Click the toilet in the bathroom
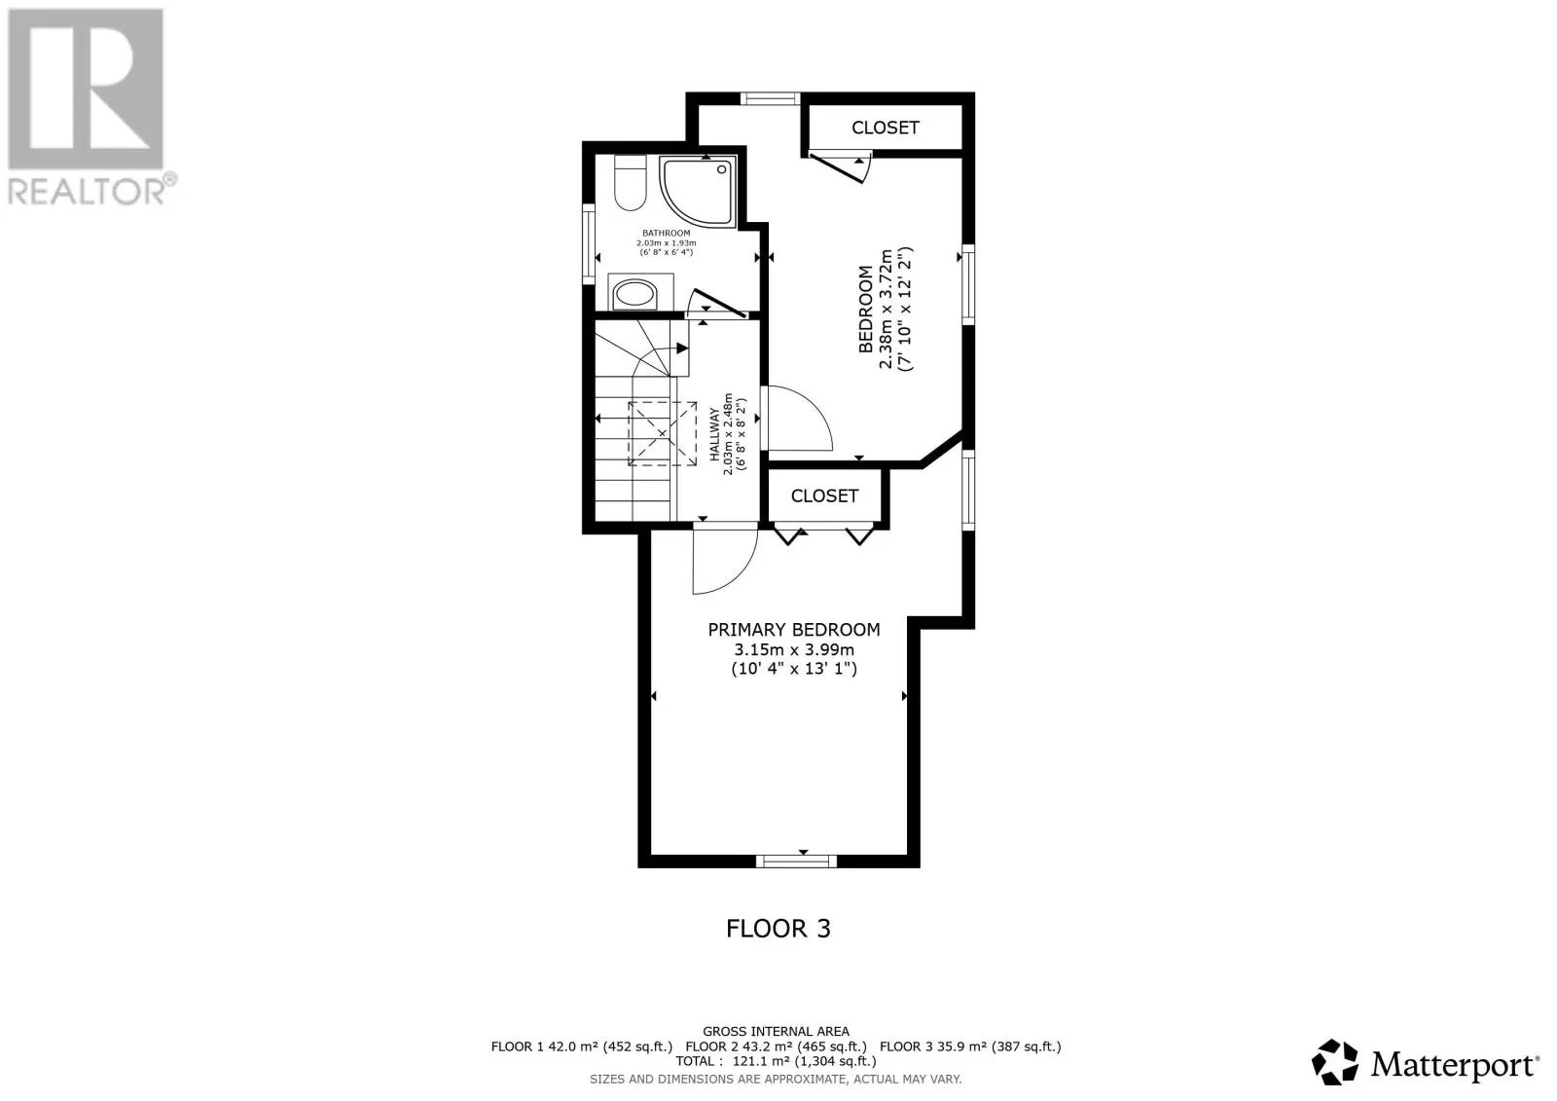(630, 182)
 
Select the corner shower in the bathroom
(697, 191)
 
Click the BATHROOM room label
(666, 233)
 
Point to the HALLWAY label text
(714, 434)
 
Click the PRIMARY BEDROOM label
(794, 630)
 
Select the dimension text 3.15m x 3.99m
(794, 649)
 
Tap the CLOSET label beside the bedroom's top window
(885, 128)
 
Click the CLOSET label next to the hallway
(824, 495)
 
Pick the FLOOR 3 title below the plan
(778, 929)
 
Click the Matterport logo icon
(1334, 1062)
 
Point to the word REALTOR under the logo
(87, 192)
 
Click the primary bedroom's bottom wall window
(796, 862)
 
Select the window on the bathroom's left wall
(589, 243)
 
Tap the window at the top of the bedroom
(770, 98)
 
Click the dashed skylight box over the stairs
(662, 432)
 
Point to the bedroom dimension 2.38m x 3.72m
(886, 309)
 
